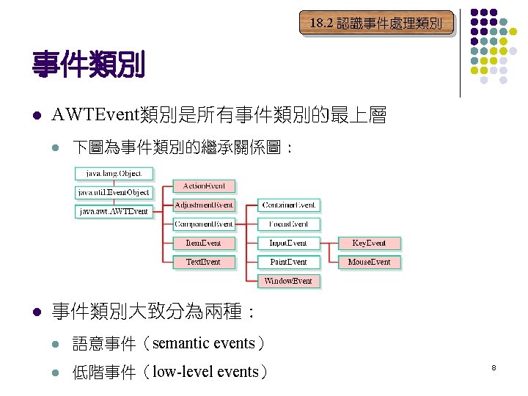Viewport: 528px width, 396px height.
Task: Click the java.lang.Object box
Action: (114, 174)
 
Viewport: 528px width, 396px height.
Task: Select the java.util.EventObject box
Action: (114, 192)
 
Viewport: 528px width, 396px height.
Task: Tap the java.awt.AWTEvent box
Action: (114, 211)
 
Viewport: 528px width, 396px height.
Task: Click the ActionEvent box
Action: (204, 186)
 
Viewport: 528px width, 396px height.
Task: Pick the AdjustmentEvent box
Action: (204, 205)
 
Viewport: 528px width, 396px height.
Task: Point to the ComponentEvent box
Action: (204, 224)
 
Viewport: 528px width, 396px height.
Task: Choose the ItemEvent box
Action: (204, 243)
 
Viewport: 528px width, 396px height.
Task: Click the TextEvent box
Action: (204, 262)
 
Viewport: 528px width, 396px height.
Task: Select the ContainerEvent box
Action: (289, 205)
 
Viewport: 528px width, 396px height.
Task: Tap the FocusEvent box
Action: (289, 224)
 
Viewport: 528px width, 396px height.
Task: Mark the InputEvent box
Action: (289, 243)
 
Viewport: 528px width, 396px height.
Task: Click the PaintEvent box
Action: (289, 262)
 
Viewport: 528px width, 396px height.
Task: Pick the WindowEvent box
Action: (289, 281)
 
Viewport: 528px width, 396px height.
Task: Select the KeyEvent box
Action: (370, 243)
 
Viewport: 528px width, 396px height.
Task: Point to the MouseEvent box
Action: (370, 262)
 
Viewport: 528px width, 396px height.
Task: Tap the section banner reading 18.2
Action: (375, 23)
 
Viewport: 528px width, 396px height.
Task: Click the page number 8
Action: (494, 366)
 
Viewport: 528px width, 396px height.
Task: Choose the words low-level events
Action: (205, 372)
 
